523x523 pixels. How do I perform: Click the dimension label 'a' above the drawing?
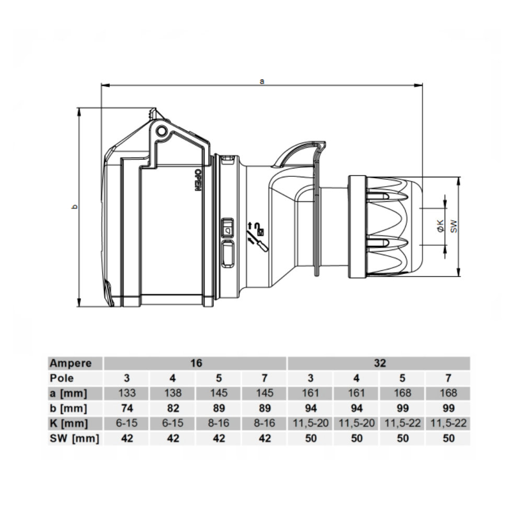(262, 81)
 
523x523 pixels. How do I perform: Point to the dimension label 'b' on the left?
(75, 207)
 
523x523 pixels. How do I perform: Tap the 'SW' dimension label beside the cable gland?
(454, 226)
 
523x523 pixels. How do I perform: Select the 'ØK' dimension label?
(440, 225)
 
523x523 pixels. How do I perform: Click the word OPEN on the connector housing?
(198, 180)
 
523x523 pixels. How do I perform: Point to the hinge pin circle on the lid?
(162, 130)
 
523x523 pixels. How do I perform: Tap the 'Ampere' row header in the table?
(70, 363)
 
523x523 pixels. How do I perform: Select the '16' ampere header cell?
(196, 363)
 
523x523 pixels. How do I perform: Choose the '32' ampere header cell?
(380, 363)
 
